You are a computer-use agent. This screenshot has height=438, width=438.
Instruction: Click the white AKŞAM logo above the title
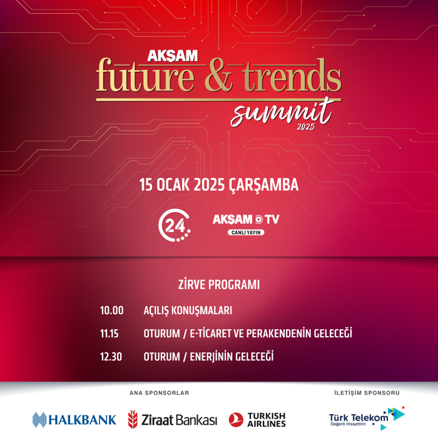coord(172,56)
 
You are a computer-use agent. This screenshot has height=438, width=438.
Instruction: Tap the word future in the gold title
coord(145,75)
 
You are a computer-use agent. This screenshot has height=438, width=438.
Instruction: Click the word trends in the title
coord(292,75)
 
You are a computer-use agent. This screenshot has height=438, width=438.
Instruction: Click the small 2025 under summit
coord(305,127)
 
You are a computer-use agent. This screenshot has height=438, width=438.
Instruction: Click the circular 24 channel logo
coord(175,225)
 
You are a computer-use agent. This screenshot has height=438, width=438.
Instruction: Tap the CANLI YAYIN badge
coord(246,232)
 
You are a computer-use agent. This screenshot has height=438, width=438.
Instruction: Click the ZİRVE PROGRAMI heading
coord(219,285)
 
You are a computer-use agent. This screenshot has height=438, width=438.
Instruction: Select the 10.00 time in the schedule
coord(112,310)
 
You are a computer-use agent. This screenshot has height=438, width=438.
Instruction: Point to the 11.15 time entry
coord(109,334)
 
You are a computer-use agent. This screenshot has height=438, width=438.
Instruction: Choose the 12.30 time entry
coord(111,357)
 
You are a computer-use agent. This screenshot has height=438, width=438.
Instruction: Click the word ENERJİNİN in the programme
coord(211,357)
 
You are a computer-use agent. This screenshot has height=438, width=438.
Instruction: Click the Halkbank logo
coord(74,420)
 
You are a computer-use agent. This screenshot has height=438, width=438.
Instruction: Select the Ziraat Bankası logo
coord(172,420)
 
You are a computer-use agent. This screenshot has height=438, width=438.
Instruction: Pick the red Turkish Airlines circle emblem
coord(236,420)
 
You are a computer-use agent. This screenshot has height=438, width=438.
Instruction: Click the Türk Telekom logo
coord(367,418)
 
